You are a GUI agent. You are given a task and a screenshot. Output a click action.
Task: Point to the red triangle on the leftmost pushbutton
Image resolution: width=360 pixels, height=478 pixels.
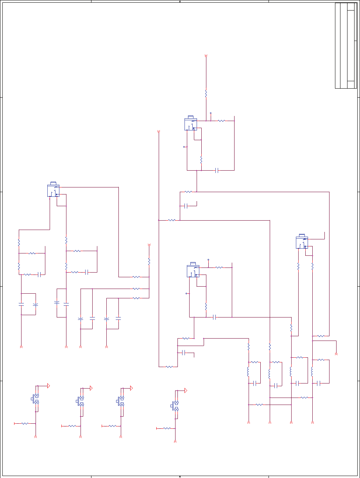click(x=48, y=386)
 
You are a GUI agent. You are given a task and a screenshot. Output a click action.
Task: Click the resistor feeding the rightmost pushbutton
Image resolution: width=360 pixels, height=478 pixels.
click(x=167, y=428)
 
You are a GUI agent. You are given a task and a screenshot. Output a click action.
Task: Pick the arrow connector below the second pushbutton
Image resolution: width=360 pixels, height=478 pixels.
click(x=81, y=436)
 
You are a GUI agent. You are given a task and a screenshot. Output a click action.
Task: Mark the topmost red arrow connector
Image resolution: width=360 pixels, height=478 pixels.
click(x=206, y=57)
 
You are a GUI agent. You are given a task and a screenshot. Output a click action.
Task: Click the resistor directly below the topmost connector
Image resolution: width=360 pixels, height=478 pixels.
click(x=206, y=93)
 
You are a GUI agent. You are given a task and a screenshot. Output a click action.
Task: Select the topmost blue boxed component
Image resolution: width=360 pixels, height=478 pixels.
click(x=191, y=124)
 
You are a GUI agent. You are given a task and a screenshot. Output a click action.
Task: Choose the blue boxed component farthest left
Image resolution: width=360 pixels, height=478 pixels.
click(x=53, y=190)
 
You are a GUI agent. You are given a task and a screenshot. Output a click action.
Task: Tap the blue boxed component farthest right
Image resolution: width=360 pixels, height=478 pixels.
click(x=302, y=242)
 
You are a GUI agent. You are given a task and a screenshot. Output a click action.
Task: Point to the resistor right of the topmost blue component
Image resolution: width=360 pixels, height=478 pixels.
click(x=221, y=121)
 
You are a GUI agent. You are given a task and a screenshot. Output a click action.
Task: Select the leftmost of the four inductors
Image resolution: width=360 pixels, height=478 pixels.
click(x=249, y=371)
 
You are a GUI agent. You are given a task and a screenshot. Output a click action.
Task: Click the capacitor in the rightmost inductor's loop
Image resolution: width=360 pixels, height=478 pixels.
click(x=319, y=383)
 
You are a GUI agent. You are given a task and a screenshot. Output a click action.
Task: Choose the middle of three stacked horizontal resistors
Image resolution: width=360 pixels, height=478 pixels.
click(x=136, y=289)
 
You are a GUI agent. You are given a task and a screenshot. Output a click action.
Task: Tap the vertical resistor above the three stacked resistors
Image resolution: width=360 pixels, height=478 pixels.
click(x=149, y=260)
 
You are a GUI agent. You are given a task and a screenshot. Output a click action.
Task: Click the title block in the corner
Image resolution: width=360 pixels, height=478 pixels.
click(x=346, y=46)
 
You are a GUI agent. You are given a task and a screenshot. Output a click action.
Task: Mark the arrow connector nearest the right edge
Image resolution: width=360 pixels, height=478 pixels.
click(x=336, y=353)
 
